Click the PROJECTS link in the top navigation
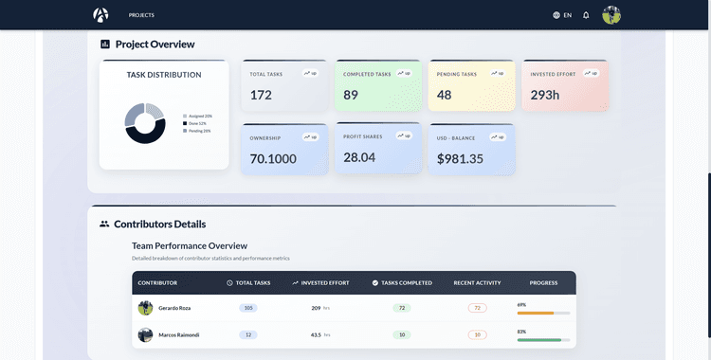pyautogui.click(x=141, y=15)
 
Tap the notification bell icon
pyautogui.click(x=586, y=15)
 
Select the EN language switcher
pyautogui.click(x=562, y=15)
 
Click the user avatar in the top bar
pyautogui.click(x=611, y=15)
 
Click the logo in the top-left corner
pyautogui.click(x=100, y=15)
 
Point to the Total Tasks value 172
pyautogui.click(x=261, y=95)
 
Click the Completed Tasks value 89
pyautogui.click(x=351, y=95)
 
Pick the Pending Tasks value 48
pyautogui.click(x=444, y=95)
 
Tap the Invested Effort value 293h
pyautogui.click(x=545, y=95)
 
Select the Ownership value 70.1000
pyautogui.click(x=273, y=158)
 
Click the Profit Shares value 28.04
pyautogui.click(x=359, y=157)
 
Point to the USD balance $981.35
pyautogui.click(x=460, y=158)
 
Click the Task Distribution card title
pyautogui.click(x=164, y=75)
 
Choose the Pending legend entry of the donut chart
pyautogui.click(x=199, y=131)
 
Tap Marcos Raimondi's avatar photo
pyautogui.click(x=145, y=334)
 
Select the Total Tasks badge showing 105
pyautogui.click(x=248, y=308)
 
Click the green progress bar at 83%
pyautogui.click(x=539, y=339)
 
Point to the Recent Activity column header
pyautogui.click(x=476, y=282)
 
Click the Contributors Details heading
pyautogui.click(x=159, y=225)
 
